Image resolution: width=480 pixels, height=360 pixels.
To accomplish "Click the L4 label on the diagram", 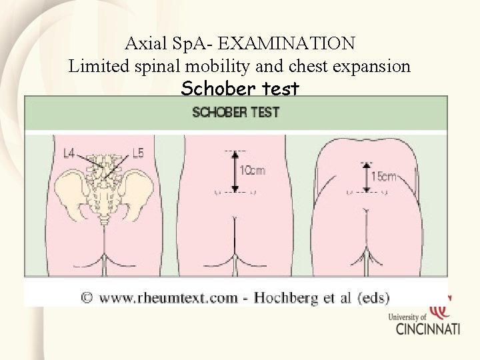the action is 69,154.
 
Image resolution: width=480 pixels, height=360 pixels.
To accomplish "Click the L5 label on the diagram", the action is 137,153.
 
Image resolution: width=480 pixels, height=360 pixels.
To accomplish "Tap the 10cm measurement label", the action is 253,171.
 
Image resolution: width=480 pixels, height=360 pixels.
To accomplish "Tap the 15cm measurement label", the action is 384,177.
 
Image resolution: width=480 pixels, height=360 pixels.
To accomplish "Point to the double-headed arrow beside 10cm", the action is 234,170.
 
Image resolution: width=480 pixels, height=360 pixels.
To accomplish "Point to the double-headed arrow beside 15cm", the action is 367,176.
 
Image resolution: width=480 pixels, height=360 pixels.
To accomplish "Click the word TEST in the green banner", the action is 265,112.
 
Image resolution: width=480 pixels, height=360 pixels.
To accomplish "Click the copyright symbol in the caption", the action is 87,297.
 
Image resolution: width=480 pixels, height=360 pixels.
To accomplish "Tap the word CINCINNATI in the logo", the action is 427,328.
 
